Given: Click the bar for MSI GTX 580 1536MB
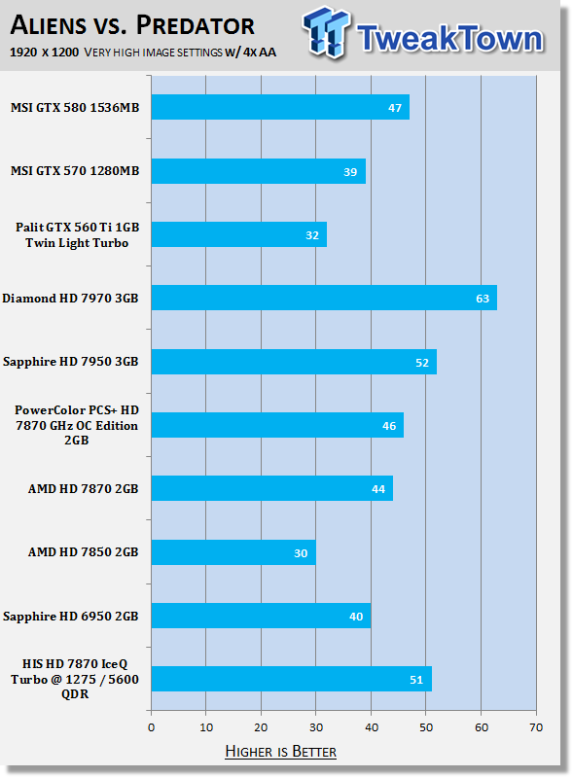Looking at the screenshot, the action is [280, 107].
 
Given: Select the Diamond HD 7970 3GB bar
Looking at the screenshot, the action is [324, 298].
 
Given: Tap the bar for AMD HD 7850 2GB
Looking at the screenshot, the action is [233, 552].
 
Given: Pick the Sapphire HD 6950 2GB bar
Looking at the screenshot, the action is [261, 616].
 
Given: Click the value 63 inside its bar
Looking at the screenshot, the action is [483, 299].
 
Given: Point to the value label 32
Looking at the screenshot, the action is [312, 235].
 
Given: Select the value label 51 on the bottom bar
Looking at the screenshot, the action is [416, 680].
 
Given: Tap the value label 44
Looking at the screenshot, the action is [378, 489].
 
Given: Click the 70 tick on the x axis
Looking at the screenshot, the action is [536, 727].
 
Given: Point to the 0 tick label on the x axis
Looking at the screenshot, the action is [152, 727].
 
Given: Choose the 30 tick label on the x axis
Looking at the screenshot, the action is [316, 727].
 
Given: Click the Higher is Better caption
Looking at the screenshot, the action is [280, 751].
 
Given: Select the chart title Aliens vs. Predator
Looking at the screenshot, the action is [132, 25].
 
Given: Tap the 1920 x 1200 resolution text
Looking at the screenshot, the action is [44, 53].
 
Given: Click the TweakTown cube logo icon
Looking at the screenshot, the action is [326, 32].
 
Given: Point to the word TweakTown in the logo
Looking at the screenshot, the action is [449, 38].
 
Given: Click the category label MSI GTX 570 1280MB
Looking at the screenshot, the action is [75, 171].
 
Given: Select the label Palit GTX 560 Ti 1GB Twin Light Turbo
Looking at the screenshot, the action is [77, 234].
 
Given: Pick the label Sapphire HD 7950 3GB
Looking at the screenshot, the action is [70, 361].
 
